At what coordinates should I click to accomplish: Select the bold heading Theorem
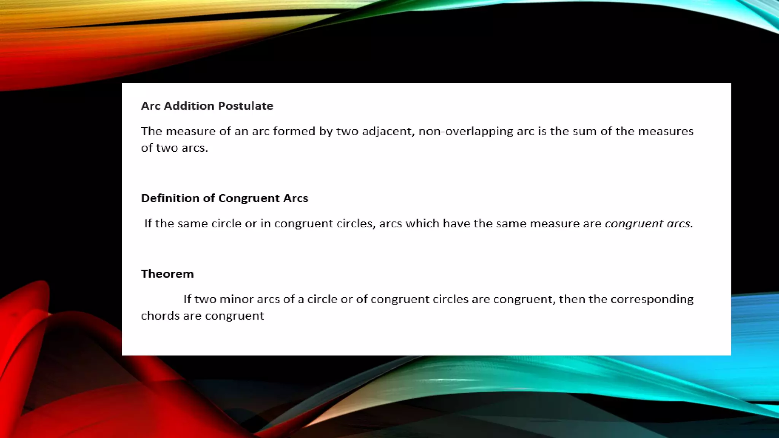click(x=167, y=274)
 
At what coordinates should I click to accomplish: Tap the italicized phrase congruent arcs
click(x=649, y=224)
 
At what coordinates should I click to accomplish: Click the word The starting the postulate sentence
click(x=151, y=132)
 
